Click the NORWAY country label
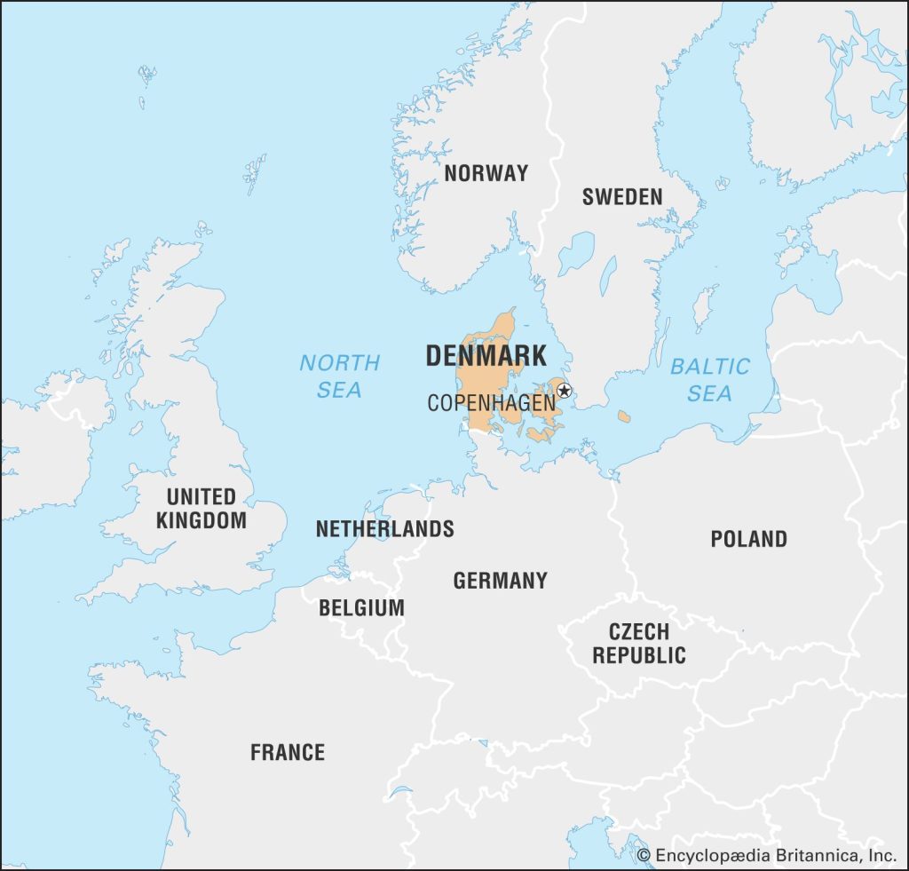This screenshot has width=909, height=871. (486, 173)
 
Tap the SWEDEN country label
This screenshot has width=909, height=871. (622, 197)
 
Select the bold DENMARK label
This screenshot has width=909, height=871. (486, 356)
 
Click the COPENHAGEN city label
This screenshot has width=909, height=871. (491, 403)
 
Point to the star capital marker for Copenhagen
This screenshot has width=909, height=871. (564, 390)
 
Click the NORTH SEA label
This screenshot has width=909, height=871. (339, 376)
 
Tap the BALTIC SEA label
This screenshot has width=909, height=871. (710, 379)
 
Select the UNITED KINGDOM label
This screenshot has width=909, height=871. (202, 509)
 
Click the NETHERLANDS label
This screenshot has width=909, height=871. (384, 529)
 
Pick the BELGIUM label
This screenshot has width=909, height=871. (361, 608)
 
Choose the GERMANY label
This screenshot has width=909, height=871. (500, 581)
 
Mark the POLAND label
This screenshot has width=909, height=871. (748, 539)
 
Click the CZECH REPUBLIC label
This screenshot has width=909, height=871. (639, 644)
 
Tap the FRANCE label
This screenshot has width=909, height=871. (287, 753)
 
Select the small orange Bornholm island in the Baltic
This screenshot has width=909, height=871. (624, 416)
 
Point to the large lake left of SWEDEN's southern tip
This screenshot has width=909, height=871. (575, 254)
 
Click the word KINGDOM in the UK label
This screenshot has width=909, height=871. (202, 520)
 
